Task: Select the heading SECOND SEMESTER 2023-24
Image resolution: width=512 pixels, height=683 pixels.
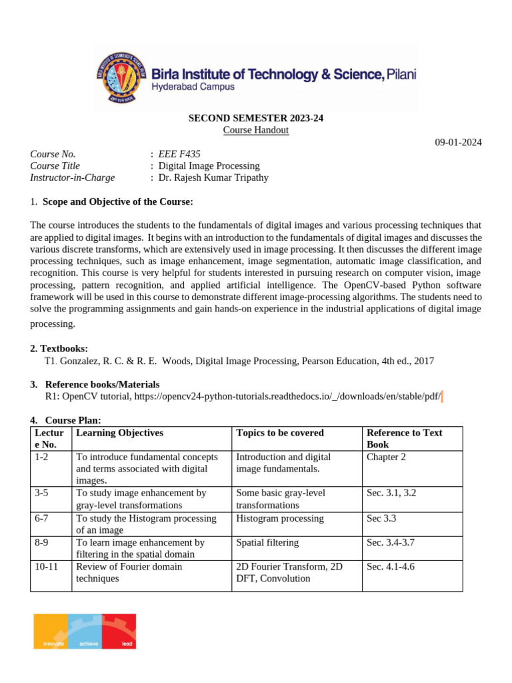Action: click(x=255, y=118)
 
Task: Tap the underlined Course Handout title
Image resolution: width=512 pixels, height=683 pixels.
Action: click(x=255, y=130)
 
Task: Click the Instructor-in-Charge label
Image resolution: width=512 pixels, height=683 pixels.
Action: click(x=73, y=177)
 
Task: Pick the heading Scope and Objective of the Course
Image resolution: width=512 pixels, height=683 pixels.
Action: click(x=118, y=202)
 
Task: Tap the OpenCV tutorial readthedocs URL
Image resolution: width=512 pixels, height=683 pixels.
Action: click(x=287, y=396)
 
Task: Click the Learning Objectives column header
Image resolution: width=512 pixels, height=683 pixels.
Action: click(x=120, y=433)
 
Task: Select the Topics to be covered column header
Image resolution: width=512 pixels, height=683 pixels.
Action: click(x=280, y=433)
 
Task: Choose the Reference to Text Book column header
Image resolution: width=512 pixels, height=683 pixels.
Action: click(x=404, y=438)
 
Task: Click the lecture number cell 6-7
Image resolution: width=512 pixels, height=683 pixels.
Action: click(x=42, y=518)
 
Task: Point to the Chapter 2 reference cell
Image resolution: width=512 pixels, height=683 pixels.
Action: click(x=386, y=457)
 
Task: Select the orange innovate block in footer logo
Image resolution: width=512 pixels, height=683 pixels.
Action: click(x=51, y=631)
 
